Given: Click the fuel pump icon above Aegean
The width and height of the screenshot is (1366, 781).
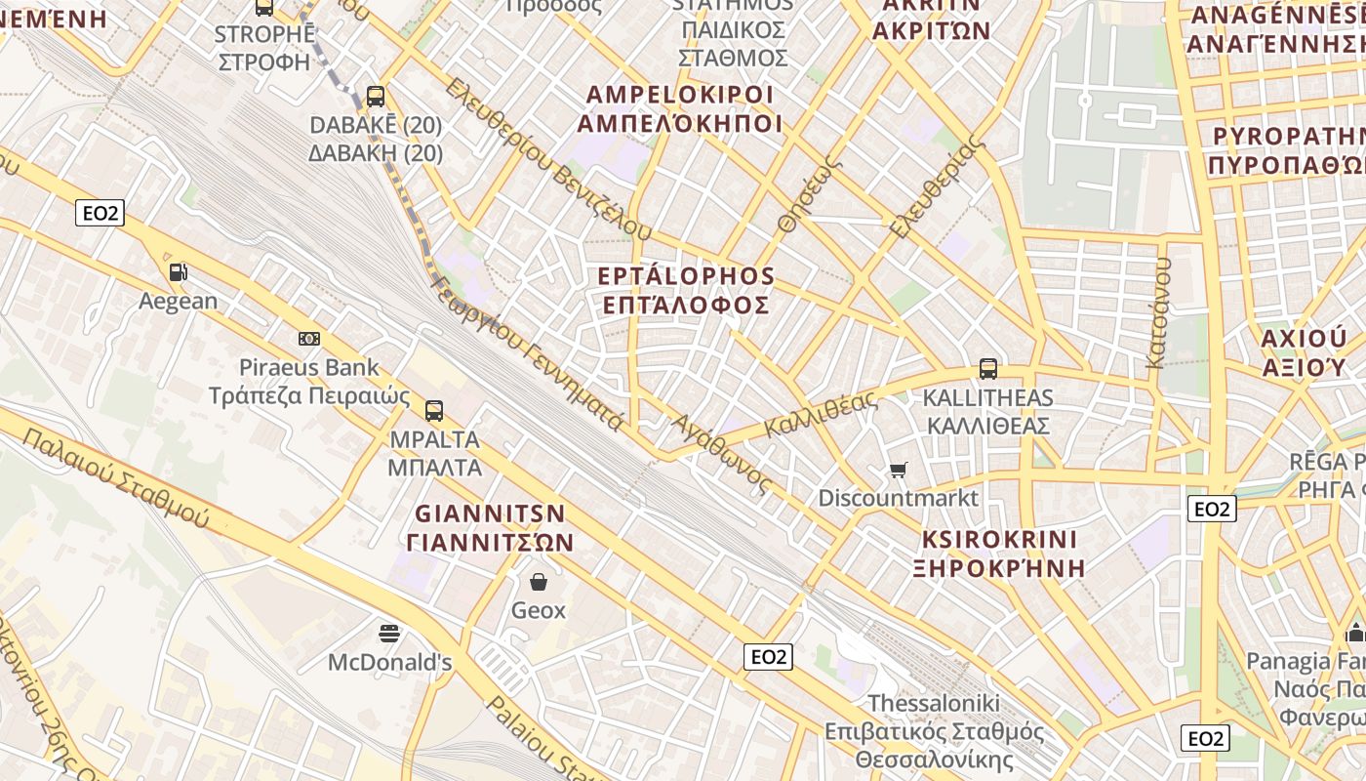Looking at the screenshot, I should (x=178, y=272).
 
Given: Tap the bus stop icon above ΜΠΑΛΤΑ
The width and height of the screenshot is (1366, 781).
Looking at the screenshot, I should (x=434, y=411).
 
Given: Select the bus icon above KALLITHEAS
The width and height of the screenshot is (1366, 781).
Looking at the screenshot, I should (x=988, y=369).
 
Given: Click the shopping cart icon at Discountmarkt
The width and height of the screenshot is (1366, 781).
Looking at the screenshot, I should (x=899, y=471).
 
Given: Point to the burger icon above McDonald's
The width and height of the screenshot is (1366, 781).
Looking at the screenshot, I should (x=389, y=634).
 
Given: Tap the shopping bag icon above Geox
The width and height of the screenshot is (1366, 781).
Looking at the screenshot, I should (x=539, y=582).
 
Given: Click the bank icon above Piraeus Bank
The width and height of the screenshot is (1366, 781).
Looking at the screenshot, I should (x=309, y=339).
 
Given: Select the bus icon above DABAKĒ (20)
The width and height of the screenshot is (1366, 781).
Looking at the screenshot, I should (x=376, y=97).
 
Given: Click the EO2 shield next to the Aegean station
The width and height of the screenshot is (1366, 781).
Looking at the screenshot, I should (x=100, y=214).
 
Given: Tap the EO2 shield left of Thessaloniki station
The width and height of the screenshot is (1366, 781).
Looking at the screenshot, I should (x=768, y=657).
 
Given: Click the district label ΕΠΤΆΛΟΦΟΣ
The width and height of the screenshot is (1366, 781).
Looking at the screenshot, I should (x=686, y=306).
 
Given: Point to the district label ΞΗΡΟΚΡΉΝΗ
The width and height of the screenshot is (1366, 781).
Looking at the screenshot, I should (x=999, y=568).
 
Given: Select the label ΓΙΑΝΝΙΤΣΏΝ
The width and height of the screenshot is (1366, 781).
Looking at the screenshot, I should (x=490, y=543).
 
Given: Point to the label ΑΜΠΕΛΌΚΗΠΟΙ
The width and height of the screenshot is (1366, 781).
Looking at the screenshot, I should (x=680, y=124).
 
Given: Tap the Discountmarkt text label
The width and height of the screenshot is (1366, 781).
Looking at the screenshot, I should (x=898, y=498).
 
